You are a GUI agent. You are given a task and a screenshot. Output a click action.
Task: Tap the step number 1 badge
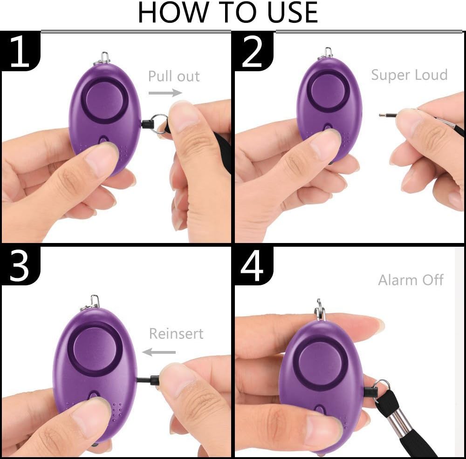(20, 52)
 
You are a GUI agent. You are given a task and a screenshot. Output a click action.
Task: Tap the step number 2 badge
(253, 52)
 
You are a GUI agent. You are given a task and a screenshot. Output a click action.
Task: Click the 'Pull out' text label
(174, 76)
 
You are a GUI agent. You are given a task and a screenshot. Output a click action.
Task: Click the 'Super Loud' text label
(409, 74)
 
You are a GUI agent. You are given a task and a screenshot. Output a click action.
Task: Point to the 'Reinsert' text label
(176, 333)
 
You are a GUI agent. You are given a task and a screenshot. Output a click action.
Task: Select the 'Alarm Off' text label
(411, 280)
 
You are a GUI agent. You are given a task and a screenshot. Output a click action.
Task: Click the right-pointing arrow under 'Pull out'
(165, 93)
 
